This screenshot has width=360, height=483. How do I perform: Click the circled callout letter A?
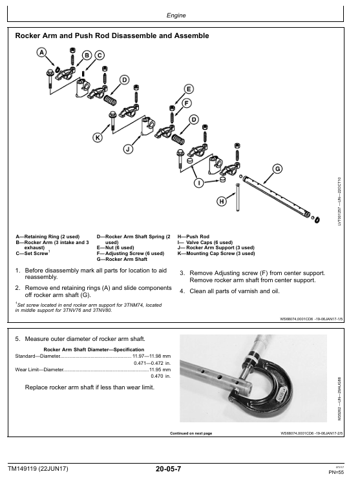41,52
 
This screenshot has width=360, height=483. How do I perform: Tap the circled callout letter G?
277,169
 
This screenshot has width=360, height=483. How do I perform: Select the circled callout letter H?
222,201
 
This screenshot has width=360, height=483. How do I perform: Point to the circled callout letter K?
98,138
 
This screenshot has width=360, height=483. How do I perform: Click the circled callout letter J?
128,149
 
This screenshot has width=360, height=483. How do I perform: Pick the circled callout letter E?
189,89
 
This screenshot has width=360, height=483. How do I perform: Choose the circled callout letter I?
199,183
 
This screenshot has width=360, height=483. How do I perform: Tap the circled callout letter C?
100,56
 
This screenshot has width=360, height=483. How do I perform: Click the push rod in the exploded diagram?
238,197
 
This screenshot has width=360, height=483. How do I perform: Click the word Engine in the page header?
176,15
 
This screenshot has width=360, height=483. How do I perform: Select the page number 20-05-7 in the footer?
168,469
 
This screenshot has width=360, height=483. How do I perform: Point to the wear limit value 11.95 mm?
160,369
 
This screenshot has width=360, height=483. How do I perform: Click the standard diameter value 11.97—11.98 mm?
152,356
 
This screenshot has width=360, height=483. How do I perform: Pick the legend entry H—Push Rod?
193,236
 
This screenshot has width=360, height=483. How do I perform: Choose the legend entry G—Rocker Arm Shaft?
122,260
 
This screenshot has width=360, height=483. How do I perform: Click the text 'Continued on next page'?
191,433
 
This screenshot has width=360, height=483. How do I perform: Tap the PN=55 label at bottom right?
336,472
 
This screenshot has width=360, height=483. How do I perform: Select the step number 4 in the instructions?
182,291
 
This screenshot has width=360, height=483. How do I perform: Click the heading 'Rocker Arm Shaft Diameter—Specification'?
94,349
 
